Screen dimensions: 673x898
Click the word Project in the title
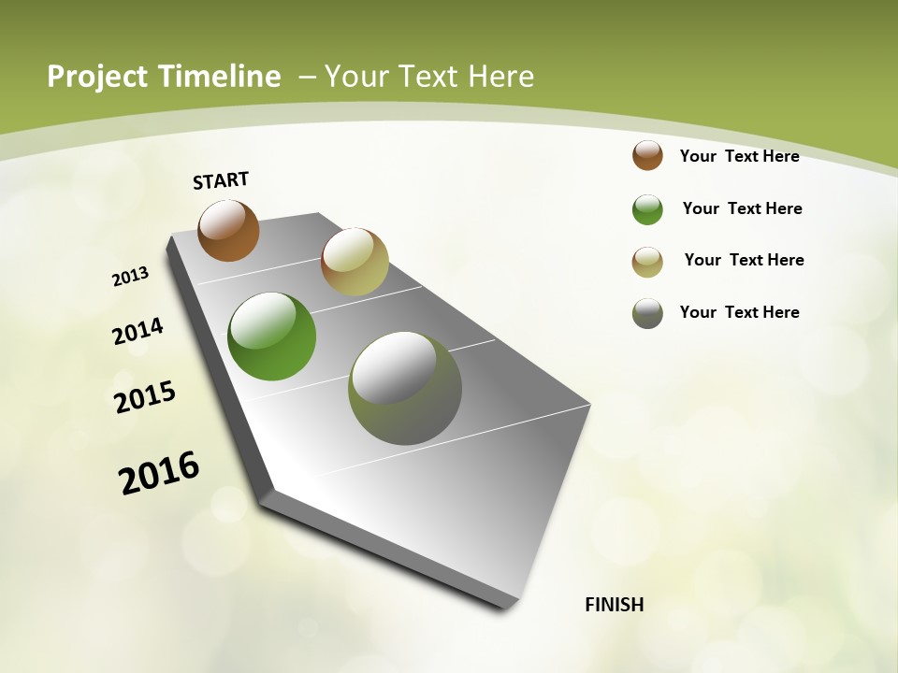point(96,77)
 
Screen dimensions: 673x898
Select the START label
point(221,180)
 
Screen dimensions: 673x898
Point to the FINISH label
point(615,605)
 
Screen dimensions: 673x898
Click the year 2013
point(131,277)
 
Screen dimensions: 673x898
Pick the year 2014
point(138,332)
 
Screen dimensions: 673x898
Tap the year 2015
point(145,397)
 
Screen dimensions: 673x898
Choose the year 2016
point(159,473)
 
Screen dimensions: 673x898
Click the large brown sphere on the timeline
point(228,230)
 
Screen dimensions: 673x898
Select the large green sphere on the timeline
point(272,336)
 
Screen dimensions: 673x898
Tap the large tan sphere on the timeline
point(355,262)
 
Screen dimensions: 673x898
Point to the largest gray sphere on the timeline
point(405,388)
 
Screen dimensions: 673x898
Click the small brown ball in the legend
point(647,156)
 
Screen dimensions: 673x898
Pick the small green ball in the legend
point(647,209)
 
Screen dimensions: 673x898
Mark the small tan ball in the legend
point(647,262)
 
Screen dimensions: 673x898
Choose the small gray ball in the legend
point(647,313)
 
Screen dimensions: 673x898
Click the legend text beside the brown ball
point(739,156)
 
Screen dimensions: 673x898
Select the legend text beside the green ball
point(742,208)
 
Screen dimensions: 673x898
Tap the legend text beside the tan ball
point(744,260)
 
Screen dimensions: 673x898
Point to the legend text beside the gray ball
point(739,312)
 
